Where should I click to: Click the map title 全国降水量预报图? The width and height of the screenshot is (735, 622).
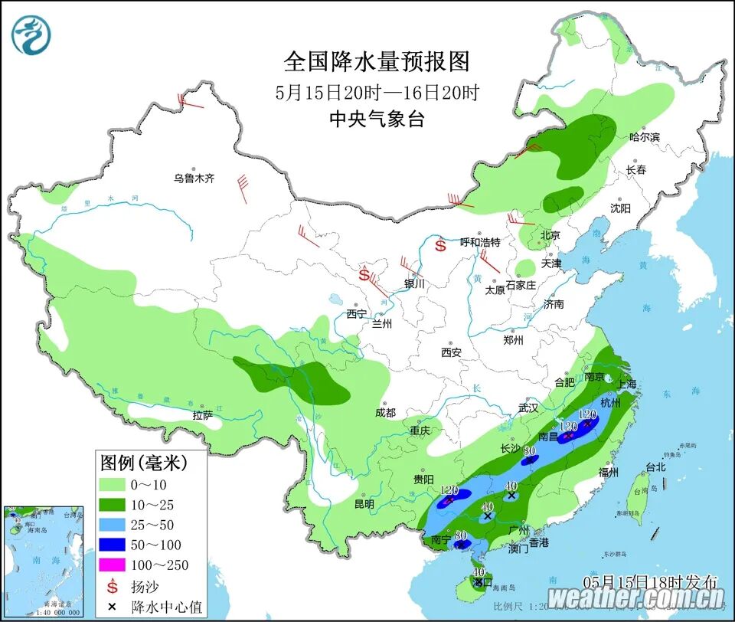click(376, 61)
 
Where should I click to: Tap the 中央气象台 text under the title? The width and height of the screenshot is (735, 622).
click(376, 119)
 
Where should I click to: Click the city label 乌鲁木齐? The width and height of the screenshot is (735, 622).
click(194, 178)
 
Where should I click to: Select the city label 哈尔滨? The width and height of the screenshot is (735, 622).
click(644, 137)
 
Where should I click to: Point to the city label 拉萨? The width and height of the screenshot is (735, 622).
click(203, 415)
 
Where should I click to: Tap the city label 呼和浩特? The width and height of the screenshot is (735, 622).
click(479, 242)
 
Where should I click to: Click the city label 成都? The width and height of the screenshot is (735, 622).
click(386, 413)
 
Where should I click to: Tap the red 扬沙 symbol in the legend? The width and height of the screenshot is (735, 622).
click(113, 587)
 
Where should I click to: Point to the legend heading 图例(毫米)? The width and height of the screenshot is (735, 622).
click(143, 463)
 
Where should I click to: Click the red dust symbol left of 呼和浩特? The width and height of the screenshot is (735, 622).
click(440, 246)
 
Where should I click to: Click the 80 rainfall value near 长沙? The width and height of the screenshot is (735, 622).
click(528, 451)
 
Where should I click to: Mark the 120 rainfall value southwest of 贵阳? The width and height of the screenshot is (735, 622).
click(449, 491)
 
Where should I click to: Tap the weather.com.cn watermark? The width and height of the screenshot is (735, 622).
click(635, 596)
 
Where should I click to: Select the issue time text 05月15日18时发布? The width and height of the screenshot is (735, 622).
click(650, 580)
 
